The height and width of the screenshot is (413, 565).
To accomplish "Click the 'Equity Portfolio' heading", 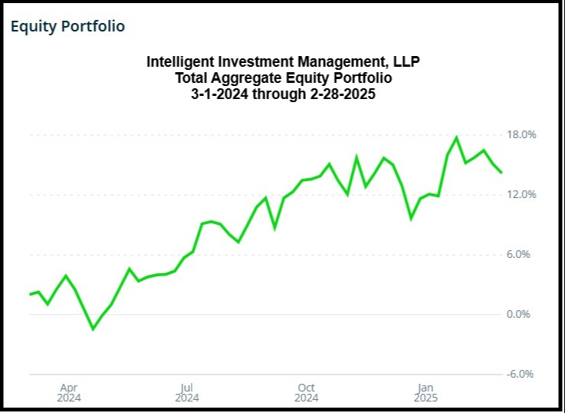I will (67, 26).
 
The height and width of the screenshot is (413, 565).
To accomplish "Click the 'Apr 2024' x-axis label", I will (68, 393).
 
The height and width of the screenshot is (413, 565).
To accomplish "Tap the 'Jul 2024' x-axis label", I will (186, 393).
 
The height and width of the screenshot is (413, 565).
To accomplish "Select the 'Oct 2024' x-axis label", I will (306, 393).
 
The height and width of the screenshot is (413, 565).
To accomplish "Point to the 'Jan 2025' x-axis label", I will (425, 393).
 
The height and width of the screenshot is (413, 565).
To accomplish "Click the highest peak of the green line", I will (457, 137).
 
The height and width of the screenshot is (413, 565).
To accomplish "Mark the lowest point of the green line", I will (94, 329).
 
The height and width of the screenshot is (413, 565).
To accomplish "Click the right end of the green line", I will (502, 173).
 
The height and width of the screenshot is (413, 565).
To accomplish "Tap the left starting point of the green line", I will (30, 294).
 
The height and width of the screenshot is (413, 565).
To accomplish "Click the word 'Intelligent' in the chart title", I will (181, 61).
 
